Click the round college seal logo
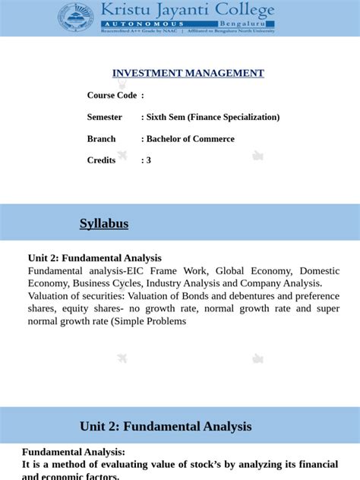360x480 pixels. [76, 18]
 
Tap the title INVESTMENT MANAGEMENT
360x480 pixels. [188, 74]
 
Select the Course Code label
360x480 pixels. [112, 96]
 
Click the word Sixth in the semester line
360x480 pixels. [159, 118]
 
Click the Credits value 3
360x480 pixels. [149, 160]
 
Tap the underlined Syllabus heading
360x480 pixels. [104, 224]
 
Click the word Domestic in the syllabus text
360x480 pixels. [319, 271]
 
